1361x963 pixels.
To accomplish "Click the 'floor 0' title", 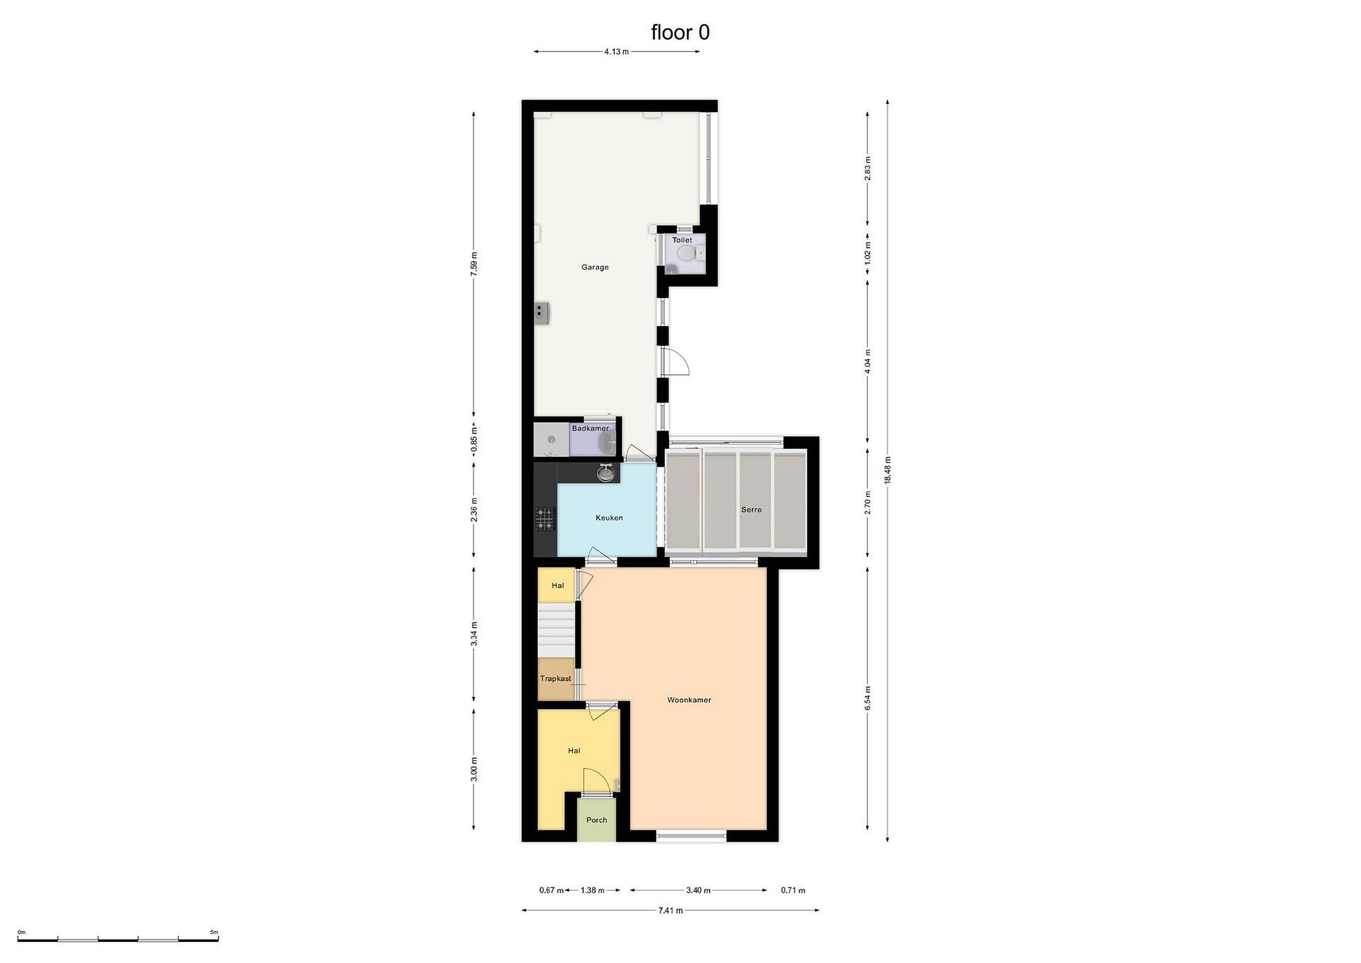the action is click(x=680, y=32).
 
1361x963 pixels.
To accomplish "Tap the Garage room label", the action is click(x=594, y=268).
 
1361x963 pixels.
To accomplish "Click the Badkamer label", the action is click(x=590, y=428).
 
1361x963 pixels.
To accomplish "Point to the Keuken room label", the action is click(x=609, y=518).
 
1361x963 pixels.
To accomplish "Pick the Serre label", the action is click(x=751, y=510).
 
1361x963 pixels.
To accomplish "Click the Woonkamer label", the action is click(x=689, y=700).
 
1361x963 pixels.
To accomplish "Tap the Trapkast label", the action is click(x=555, y=678).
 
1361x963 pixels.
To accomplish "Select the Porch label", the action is click(x=596, y=820).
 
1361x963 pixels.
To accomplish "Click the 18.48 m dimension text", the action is click(x=887, y=470).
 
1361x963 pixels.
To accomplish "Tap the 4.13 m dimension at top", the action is click(x=617, y=52).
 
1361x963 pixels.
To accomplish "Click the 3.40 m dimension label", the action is click(x=698, y=890).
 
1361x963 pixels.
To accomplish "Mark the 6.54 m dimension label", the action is click(x=868, y=699).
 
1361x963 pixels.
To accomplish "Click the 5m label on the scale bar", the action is click(x=214, y=932).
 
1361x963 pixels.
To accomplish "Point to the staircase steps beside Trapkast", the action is click(x=556, y=630).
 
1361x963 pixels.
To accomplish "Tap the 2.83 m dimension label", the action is click(x=868, y=168).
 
